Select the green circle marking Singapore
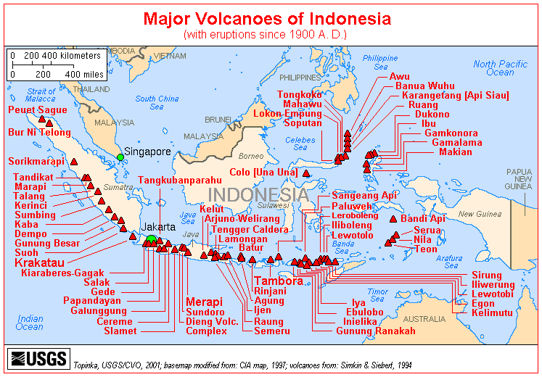120,157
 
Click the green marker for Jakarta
151,240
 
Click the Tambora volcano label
278,281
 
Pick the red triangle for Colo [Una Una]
306,173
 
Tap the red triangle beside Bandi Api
393,218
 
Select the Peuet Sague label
37,109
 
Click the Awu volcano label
399,76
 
